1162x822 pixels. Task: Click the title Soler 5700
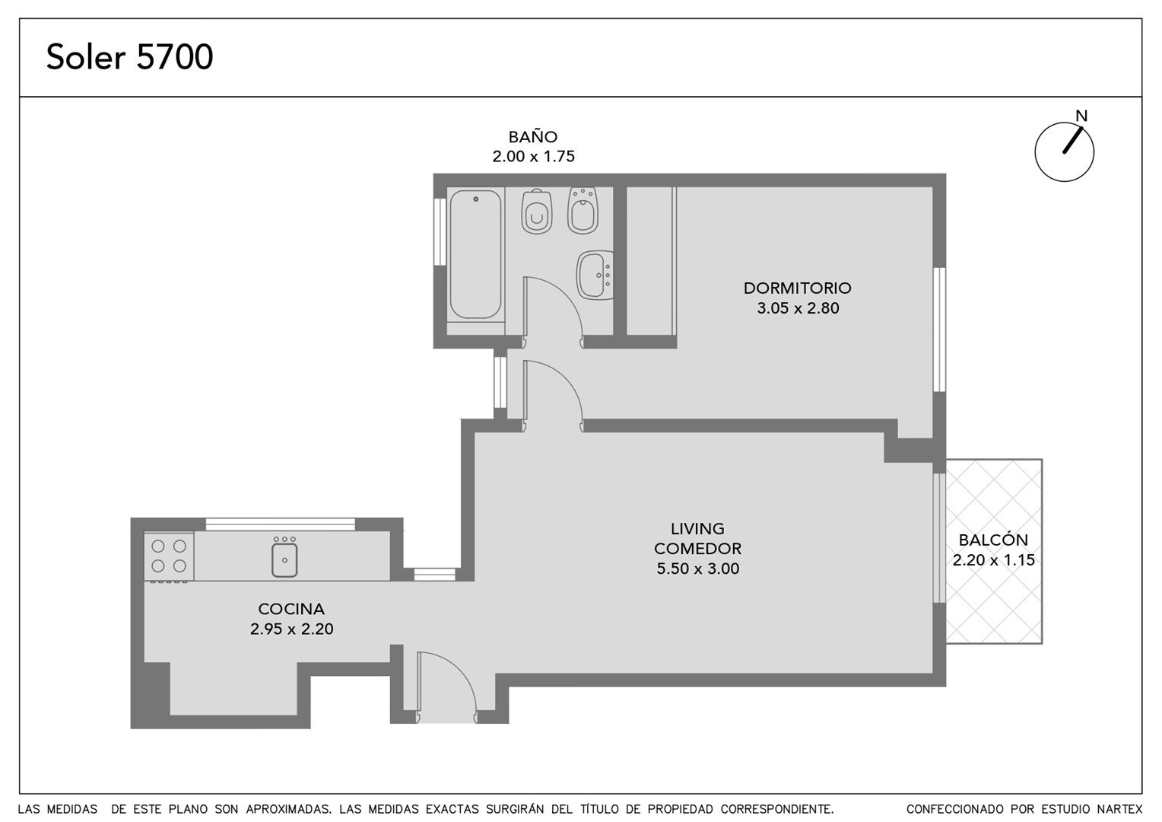pos(130,56)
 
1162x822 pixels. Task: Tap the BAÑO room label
pos(533,136)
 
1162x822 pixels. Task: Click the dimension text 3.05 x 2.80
pos(798,308)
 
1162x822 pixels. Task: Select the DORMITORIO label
pos(797,288)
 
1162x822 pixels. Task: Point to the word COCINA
pos(291,609)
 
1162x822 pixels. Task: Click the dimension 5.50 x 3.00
pos(697,569)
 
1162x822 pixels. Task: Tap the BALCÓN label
pos(993,540)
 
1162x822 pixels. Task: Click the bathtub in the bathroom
pos(475,254)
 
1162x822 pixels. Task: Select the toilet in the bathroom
pos(537,212)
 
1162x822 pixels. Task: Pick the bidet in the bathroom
pos(583,210)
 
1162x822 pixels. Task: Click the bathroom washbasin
pos(595,276)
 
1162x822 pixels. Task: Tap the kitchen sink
pos(284,560)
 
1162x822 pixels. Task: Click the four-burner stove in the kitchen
pos(169,556)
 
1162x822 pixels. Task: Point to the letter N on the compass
pos(1081,116)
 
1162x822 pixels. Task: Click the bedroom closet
pos(651,261)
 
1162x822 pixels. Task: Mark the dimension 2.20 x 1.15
pos(993,560)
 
